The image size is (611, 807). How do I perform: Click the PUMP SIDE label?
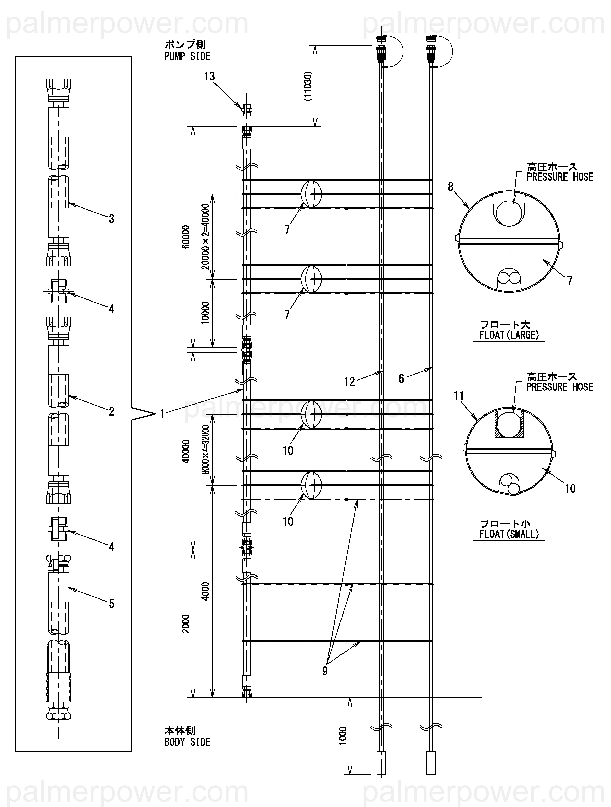(x=187, y=56)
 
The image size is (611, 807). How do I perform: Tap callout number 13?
(x=209, y=77)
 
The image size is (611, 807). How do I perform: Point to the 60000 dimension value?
(x=186, y=237)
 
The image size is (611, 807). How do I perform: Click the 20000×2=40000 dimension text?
(x=206, y=236)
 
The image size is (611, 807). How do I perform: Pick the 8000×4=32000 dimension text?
(x=206, y=449)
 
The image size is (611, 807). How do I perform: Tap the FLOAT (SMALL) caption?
(x=509, y=534)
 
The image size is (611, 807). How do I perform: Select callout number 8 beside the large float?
(x=451, y=187)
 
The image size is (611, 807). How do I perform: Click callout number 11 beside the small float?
(x=459, y=396)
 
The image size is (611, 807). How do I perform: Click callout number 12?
(x=349, y=382)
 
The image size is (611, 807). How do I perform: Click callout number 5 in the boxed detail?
(x=112, y=603)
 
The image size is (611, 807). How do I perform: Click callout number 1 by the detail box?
(x=163, y=414)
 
